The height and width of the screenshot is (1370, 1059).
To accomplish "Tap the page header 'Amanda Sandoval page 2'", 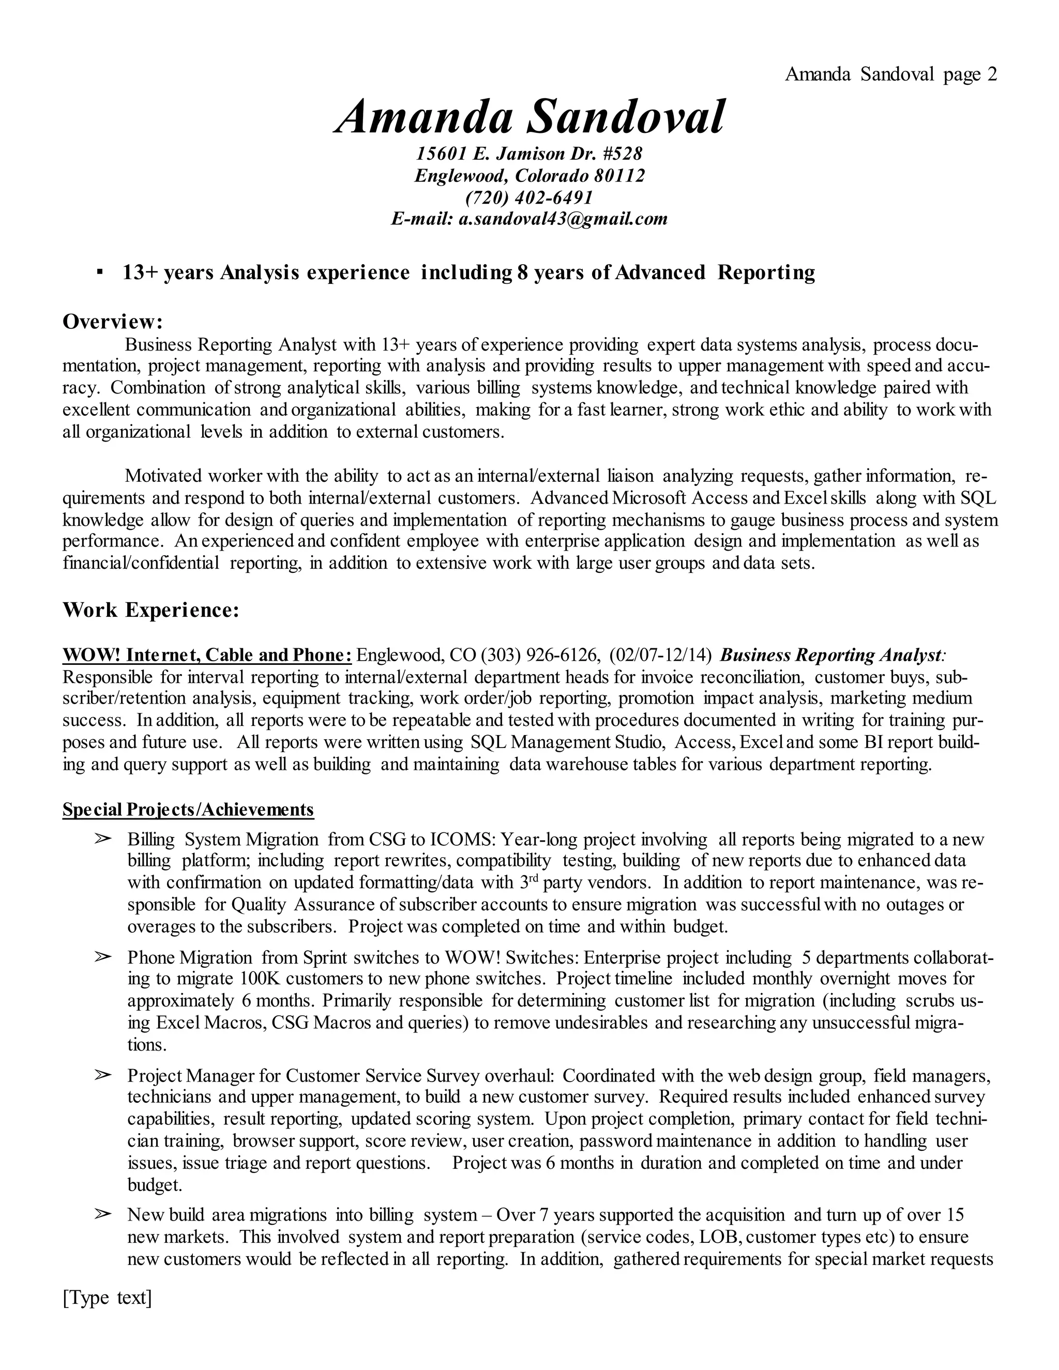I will point(890,74).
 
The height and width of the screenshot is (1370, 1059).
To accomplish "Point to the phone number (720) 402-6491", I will point(529,197).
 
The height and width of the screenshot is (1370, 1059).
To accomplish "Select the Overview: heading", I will point(113,322).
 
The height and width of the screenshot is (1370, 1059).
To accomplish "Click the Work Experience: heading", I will point(150,610).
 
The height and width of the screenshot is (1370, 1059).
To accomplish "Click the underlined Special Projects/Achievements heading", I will point(188,810).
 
